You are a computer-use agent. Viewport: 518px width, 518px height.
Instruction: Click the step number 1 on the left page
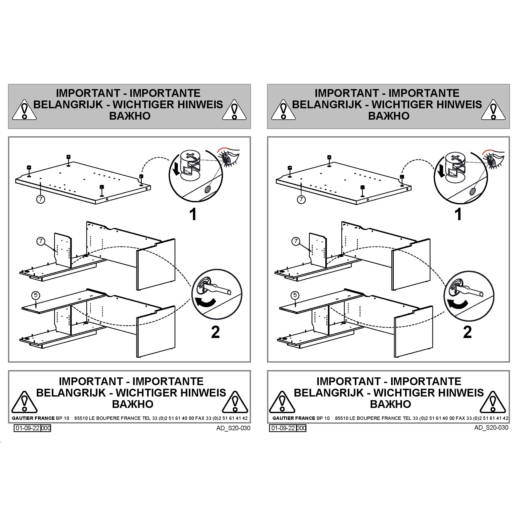click(x=193, y=214)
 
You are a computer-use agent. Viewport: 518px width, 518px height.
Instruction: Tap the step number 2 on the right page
click(x=467, y=332)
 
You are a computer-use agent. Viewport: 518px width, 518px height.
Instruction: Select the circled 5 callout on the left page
click(x=36, y=296)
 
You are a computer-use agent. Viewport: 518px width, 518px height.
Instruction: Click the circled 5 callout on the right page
click(x=295, y=296)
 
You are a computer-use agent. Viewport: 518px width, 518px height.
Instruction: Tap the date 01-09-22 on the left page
click(x=27, y=428)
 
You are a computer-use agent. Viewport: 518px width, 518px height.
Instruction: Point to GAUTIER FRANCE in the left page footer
click(x=30, y=418)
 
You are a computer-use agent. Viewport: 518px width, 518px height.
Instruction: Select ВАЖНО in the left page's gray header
click(x=130, y=116)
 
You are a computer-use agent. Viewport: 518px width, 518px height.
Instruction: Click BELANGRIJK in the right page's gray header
click(x=327, y=104)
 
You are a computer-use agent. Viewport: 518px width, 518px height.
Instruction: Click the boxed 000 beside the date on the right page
click(x=301, y=428)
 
